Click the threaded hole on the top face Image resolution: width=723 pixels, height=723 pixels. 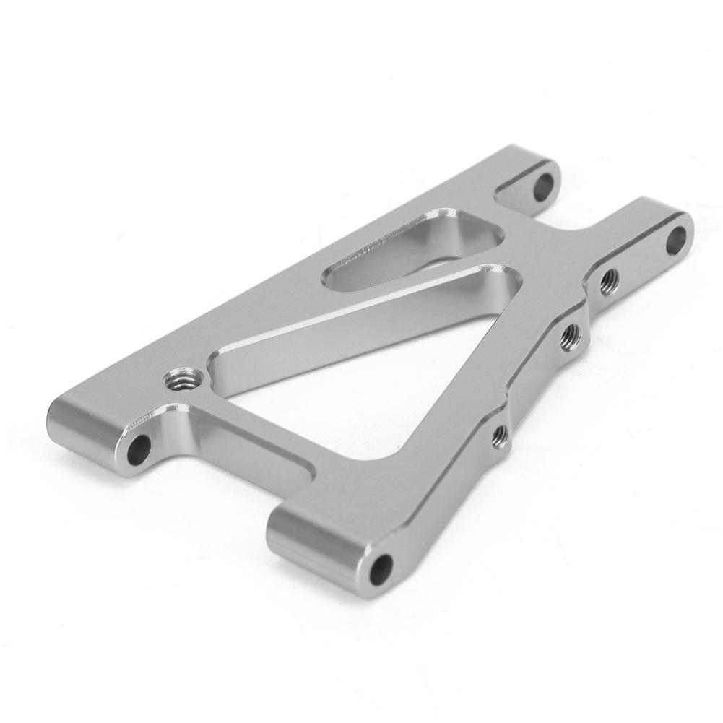click(177, 378)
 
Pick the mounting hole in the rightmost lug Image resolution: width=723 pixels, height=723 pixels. click(675, 240)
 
